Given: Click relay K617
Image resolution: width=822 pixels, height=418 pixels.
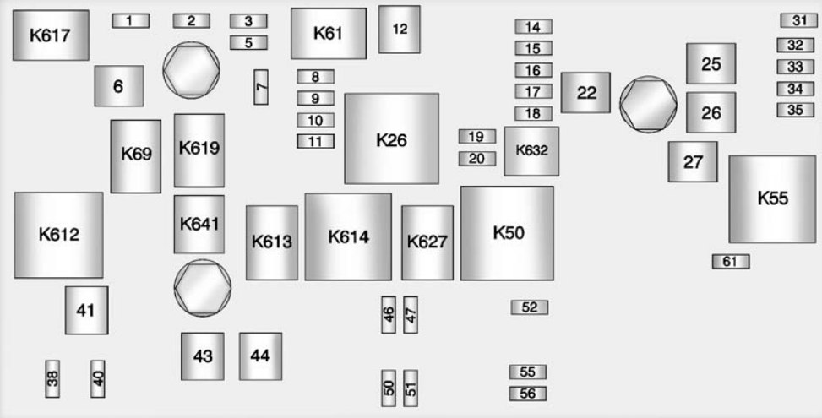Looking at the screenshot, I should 50,35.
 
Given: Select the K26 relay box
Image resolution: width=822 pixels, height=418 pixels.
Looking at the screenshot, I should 391,138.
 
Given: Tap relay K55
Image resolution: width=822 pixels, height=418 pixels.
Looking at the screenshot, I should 772,198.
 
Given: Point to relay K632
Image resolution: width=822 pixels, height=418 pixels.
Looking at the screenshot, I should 531,151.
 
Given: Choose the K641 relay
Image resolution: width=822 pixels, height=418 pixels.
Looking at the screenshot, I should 199,225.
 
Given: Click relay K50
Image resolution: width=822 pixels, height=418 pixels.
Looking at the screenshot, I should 507,233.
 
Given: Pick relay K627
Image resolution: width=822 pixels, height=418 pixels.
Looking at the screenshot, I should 427,242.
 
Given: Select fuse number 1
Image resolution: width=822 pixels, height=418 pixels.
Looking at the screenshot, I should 130,21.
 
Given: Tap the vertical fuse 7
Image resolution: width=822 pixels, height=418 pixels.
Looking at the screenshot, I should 261,87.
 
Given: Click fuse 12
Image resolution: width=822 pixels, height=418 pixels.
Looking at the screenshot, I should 400,30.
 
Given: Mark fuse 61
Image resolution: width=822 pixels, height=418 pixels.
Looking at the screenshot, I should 730,262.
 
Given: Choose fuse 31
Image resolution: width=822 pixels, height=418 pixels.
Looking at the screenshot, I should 798,21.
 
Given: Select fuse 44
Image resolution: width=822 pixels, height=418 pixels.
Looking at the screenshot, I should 260,356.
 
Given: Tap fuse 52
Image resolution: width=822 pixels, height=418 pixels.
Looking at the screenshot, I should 529,307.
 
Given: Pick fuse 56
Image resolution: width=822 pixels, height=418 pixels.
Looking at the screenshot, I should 528,394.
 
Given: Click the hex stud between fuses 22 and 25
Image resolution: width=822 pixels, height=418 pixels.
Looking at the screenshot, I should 648,103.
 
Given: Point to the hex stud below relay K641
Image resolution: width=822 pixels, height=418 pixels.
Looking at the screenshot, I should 202,287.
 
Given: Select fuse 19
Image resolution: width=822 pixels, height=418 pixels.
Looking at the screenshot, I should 476,137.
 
